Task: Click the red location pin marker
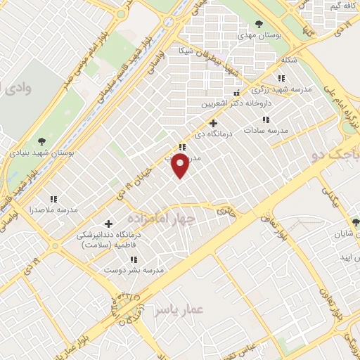(x=181, y=166)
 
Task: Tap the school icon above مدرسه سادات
(x=265, y=120)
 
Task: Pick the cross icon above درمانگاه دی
(x=214, y=124)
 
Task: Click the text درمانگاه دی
(x=213, y=134)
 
